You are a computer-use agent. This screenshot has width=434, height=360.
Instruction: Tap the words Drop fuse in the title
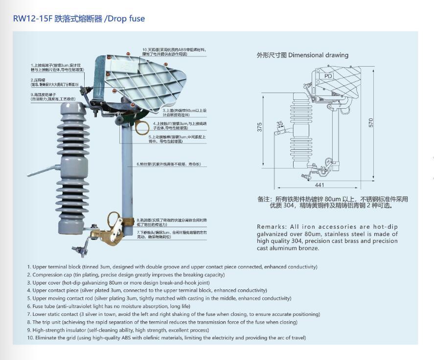tap(126, 19)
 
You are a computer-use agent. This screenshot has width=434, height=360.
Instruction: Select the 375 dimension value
tap(260, 126)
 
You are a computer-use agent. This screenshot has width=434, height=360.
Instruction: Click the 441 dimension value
tap(320, 185)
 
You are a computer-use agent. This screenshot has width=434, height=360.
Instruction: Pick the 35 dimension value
tap(279, 124)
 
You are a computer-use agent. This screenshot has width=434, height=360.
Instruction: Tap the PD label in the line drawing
tap(328, 76)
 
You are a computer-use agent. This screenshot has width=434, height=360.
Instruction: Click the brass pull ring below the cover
tap(142, 127)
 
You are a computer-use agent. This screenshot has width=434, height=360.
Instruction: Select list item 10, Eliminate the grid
tap(166, 338)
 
